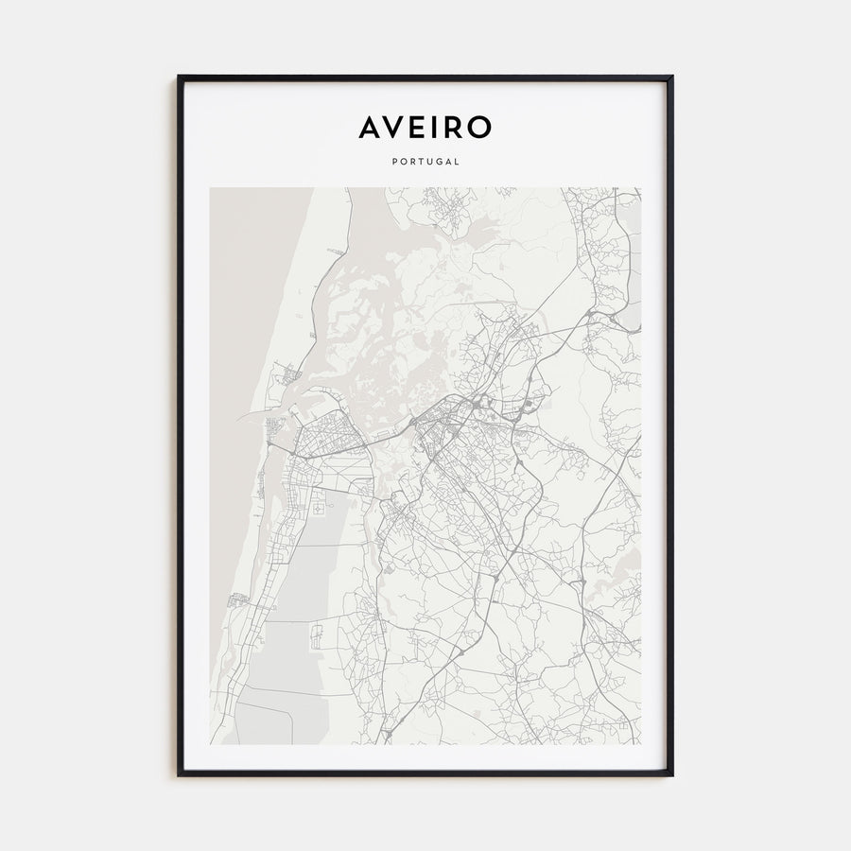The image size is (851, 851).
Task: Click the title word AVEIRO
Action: (x=425, y=128)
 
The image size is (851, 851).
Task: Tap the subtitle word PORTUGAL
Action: (x=425, y=162)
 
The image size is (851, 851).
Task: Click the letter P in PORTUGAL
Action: (x=392, y=162)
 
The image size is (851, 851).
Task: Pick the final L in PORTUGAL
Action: (x=458, y=162)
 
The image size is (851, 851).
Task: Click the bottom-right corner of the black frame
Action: (x=671, y=774)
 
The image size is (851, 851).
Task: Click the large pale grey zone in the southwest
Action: (x=312, y=567)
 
